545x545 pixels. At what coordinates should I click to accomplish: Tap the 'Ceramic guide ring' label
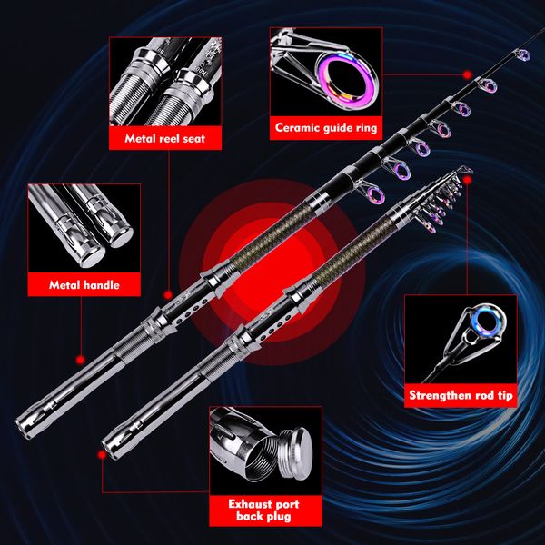(x=326, y=128)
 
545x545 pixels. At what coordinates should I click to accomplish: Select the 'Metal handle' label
(x=84, y=285)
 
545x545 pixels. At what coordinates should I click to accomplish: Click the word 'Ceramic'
(x=300, y=128)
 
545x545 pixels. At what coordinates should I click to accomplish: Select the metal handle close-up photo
(x=84, y=227)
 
